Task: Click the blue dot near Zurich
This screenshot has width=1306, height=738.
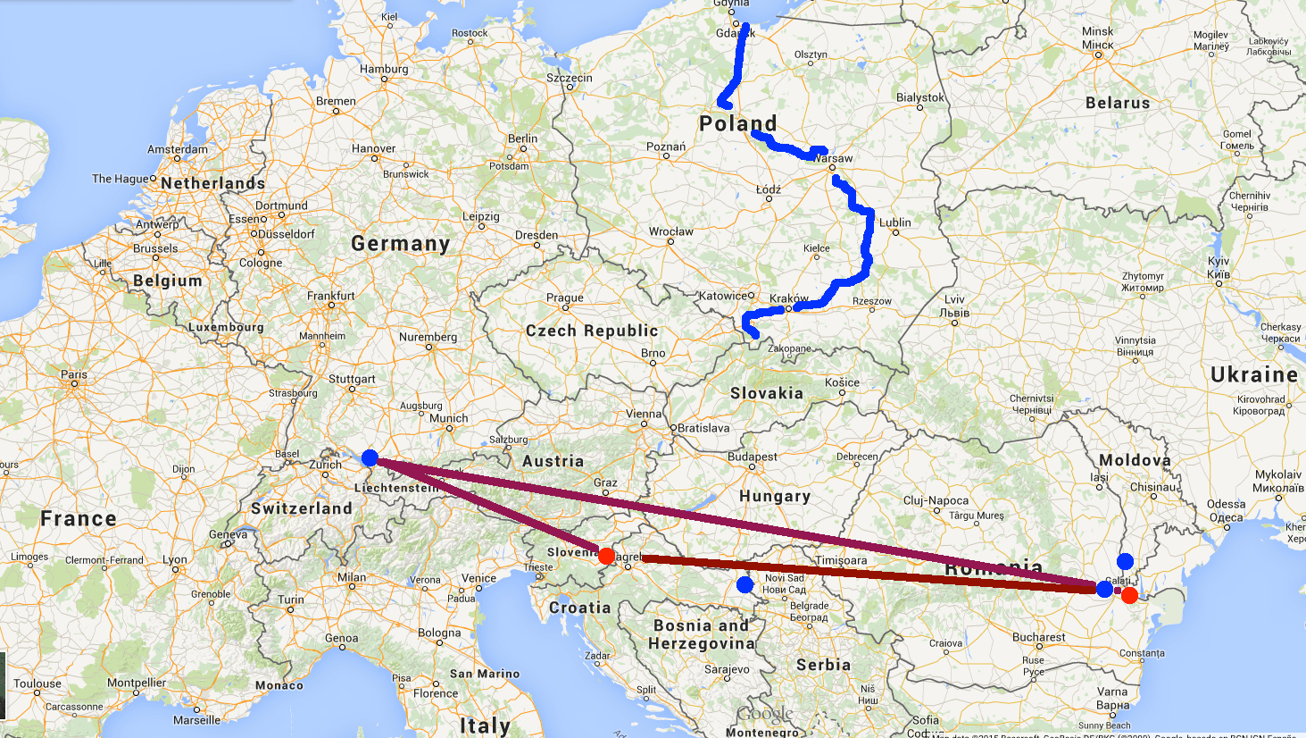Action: (370, 458)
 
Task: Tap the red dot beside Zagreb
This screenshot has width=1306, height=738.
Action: (606, 556)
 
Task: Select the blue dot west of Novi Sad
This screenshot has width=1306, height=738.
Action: (745, 584)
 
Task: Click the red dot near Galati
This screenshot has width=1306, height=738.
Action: (1129, 595)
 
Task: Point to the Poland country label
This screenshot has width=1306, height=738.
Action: (737, 123)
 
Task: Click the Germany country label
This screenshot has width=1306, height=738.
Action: (400, 243)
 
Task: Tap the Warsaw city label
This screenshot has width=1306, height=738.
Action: (833, 158)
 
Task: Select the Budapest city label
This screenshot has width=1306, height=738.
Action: (752, 457)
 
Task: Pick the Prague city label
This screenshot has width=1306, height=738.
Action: (564, 298)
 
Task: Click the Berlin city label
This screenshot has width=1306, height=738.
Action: (522, 138)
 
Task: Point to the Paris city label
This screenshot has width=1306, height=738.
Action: (74, 374)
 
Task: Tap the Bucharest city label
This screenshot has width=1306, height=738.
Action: (1038, 637)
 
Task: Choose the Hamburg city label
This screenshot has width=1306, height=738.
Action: (384, 69)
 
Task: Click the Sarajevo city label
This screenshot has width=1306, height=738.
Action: (727, 669)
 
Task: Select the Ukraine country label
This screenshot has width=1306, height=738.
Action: (1253, 374)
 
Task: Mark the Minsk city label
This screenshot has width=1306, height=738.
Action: (1097, 31)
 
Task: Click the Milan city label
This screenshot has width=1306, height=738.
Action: (352, 577)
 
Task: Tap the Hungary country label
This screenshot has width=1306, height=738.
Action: (774, 496)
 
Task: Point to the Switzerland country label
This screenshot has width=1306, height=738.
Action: (301, 508)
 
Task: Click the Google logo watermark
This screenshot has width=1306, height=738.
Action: (764, 714)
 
